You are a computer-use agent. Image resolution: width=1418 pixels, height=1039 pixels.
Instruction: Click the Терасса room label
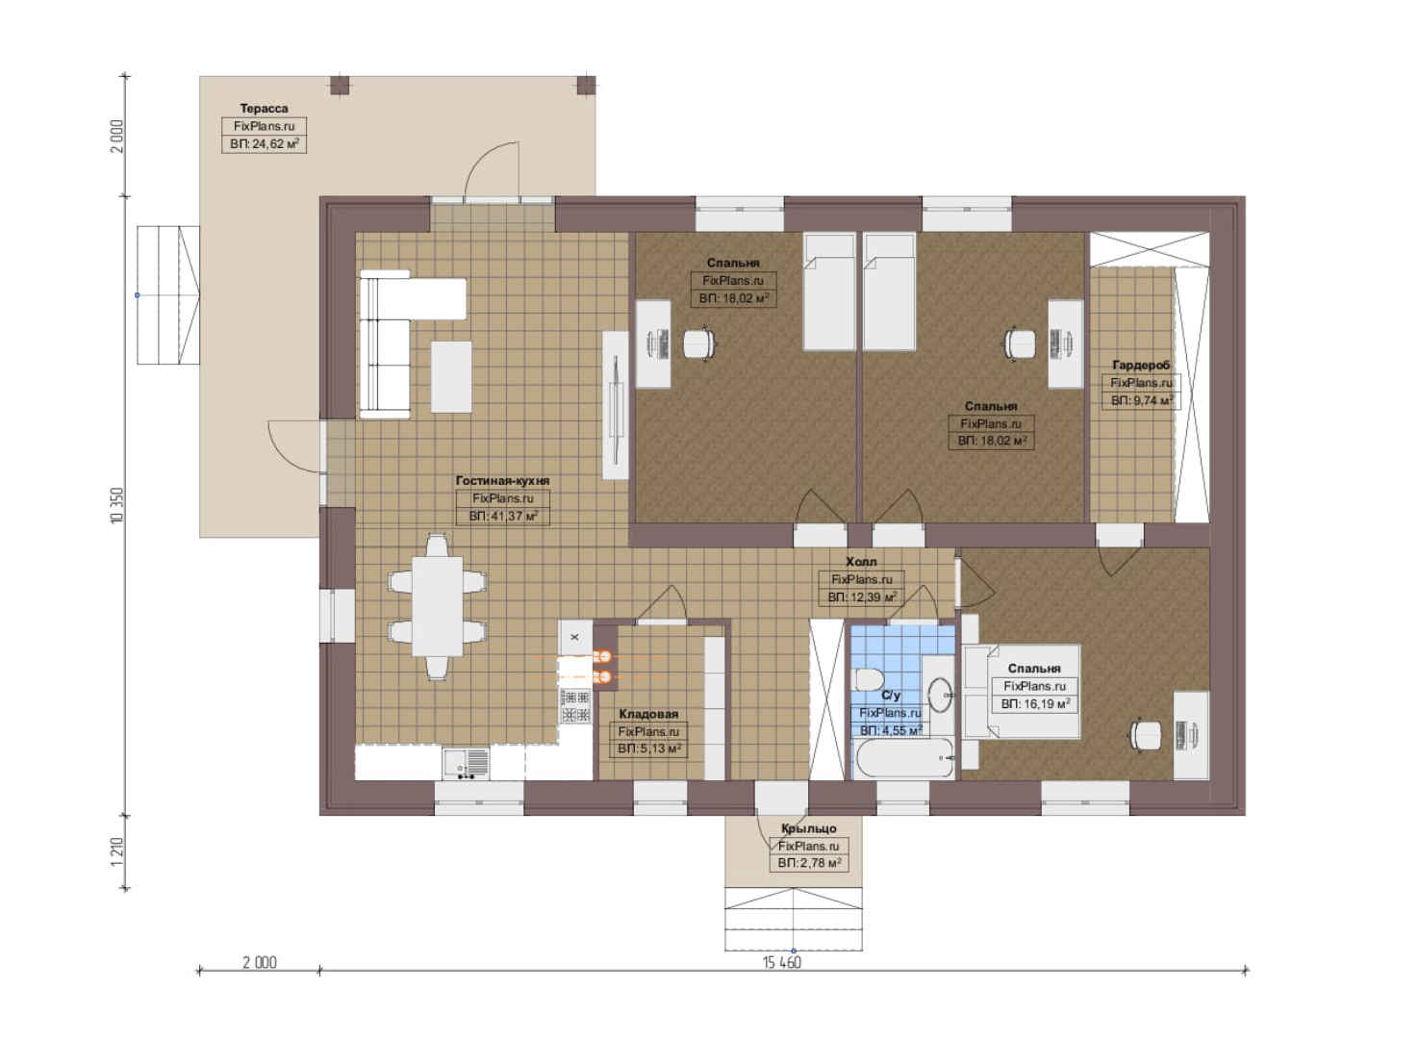pyautogui.click(x=264, y=109)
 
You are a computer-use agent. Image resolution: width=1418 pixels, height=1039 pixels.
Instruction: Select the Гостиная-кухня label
pyautogui.click(x=502, y=481)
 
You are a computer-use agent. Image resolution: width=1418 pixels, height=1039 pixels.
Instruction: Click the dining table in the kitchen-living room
pyautogui.click(x=438, y=606)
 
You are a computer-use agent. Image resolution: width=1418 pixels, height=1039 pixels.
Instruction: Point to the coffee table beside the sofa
pyautogui.click(x=451, y=377)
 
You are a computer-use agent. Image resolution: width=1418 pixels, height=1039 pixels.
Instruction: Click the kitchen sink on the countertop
pyautogui.click(x=466, y=764)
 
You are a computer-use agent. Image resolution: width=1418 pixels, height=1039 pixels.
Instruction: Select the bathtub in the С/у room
pyautogui.click(x=902, y=758)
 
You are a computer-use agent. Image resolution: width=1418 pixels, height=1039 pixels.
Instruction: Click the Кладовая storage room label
pyautogui.click(x=648, y=714)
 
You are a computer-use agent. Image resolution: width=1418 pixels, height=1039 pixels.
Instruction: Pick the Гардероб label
pyautogui.click(x=1141, y=365)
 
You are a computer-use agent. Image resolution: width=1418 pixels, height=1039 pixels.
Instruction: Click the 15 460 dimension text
pyautogui.click(x=782, y=963)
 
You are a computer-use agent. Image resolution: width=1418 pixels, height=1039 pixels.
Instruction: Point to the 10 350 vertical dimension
pyautogui.click(x=117, y=505)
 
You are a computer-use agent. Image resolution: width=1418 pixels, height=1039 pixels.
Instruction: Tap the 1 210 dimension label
pyautogui.click(x=117, y=852)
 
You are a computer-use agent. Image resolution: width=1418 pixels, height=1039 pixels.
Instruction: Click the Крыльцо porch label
pyautogui.click(x=808, y=828)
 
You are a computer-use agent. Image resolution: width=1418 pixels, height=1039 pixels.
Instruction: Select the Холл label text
pyautogui.click(x=862, y=562)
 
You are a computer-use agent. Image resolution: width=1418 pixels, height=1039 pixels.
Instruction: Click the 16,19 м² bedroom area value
pyautogui.click(x=1036, y=703)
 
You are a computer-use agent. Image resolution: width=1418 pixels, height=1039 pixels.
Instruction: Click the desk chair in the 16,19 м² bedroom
pyautogui.click(x=1146, y=735)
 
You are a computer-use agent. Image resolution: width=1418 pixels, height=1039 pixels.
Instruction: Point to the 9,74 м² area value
pyautogui.click(x=1142, y=400)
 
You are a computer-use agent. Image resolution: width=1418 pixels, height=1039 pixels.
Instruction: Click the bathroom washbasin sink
pyautogui.click(x=941, y=696)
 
